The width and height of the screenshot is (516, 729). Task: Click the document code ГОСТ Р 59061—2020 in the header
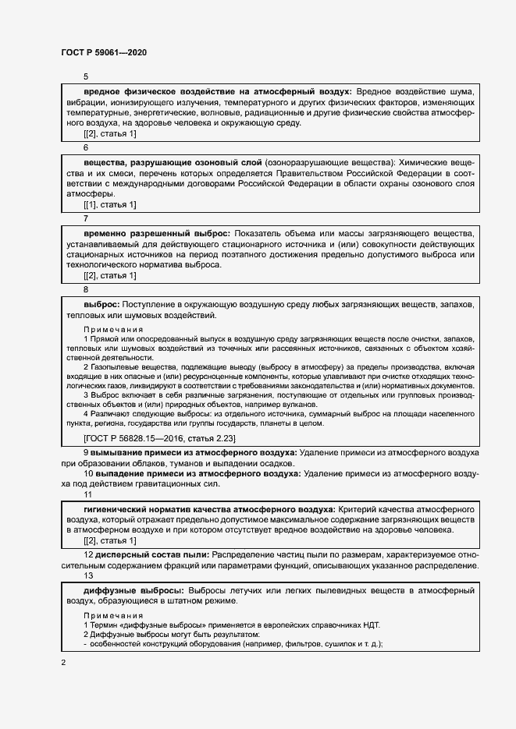(x=103, y=52)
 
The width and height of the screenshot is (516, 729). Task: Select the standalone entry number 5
(x=86, y=76)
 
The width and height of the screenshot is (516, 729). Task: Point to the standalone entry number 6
(x=86, y=147)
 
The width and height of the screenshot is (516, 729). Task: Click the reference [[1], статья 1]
(x=110, y=204)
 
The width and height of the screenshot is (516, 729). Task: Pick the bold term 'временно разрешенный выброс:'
(x=156, y=233)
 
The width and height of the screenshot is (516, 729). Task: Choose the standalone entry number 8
(x=86, y=289)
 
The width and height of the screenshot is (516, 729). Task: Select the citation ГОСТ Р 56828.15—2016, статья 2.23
(x=159, y=439)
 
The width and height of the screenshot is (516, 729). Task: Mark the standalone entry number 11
(x=87, y=494)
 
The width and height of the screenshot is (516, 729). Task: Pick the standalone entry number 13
(x=87, y=575)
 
